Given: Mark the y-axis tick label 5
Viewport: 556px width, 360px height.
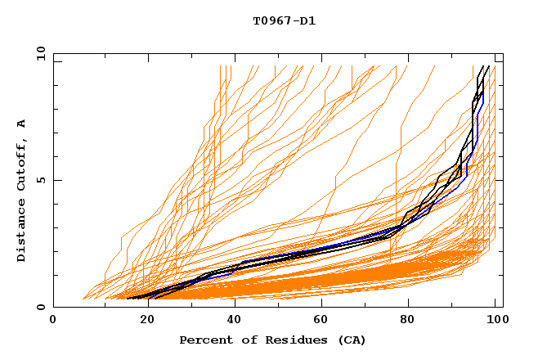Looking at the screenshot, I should pyautogui.click(x=43, y=180).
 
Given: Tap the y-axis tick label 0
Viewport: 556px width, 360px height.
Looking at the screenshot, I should pyautogui.click(x=43, y=307).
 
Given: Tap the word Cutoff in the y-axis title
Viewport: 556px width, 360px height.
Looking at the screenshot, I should pyautogui.click(x=22, y=164).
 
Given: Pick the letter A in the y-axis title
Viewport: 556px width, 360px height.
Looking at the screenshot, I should pyautogui.click(x=22, y=124).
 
